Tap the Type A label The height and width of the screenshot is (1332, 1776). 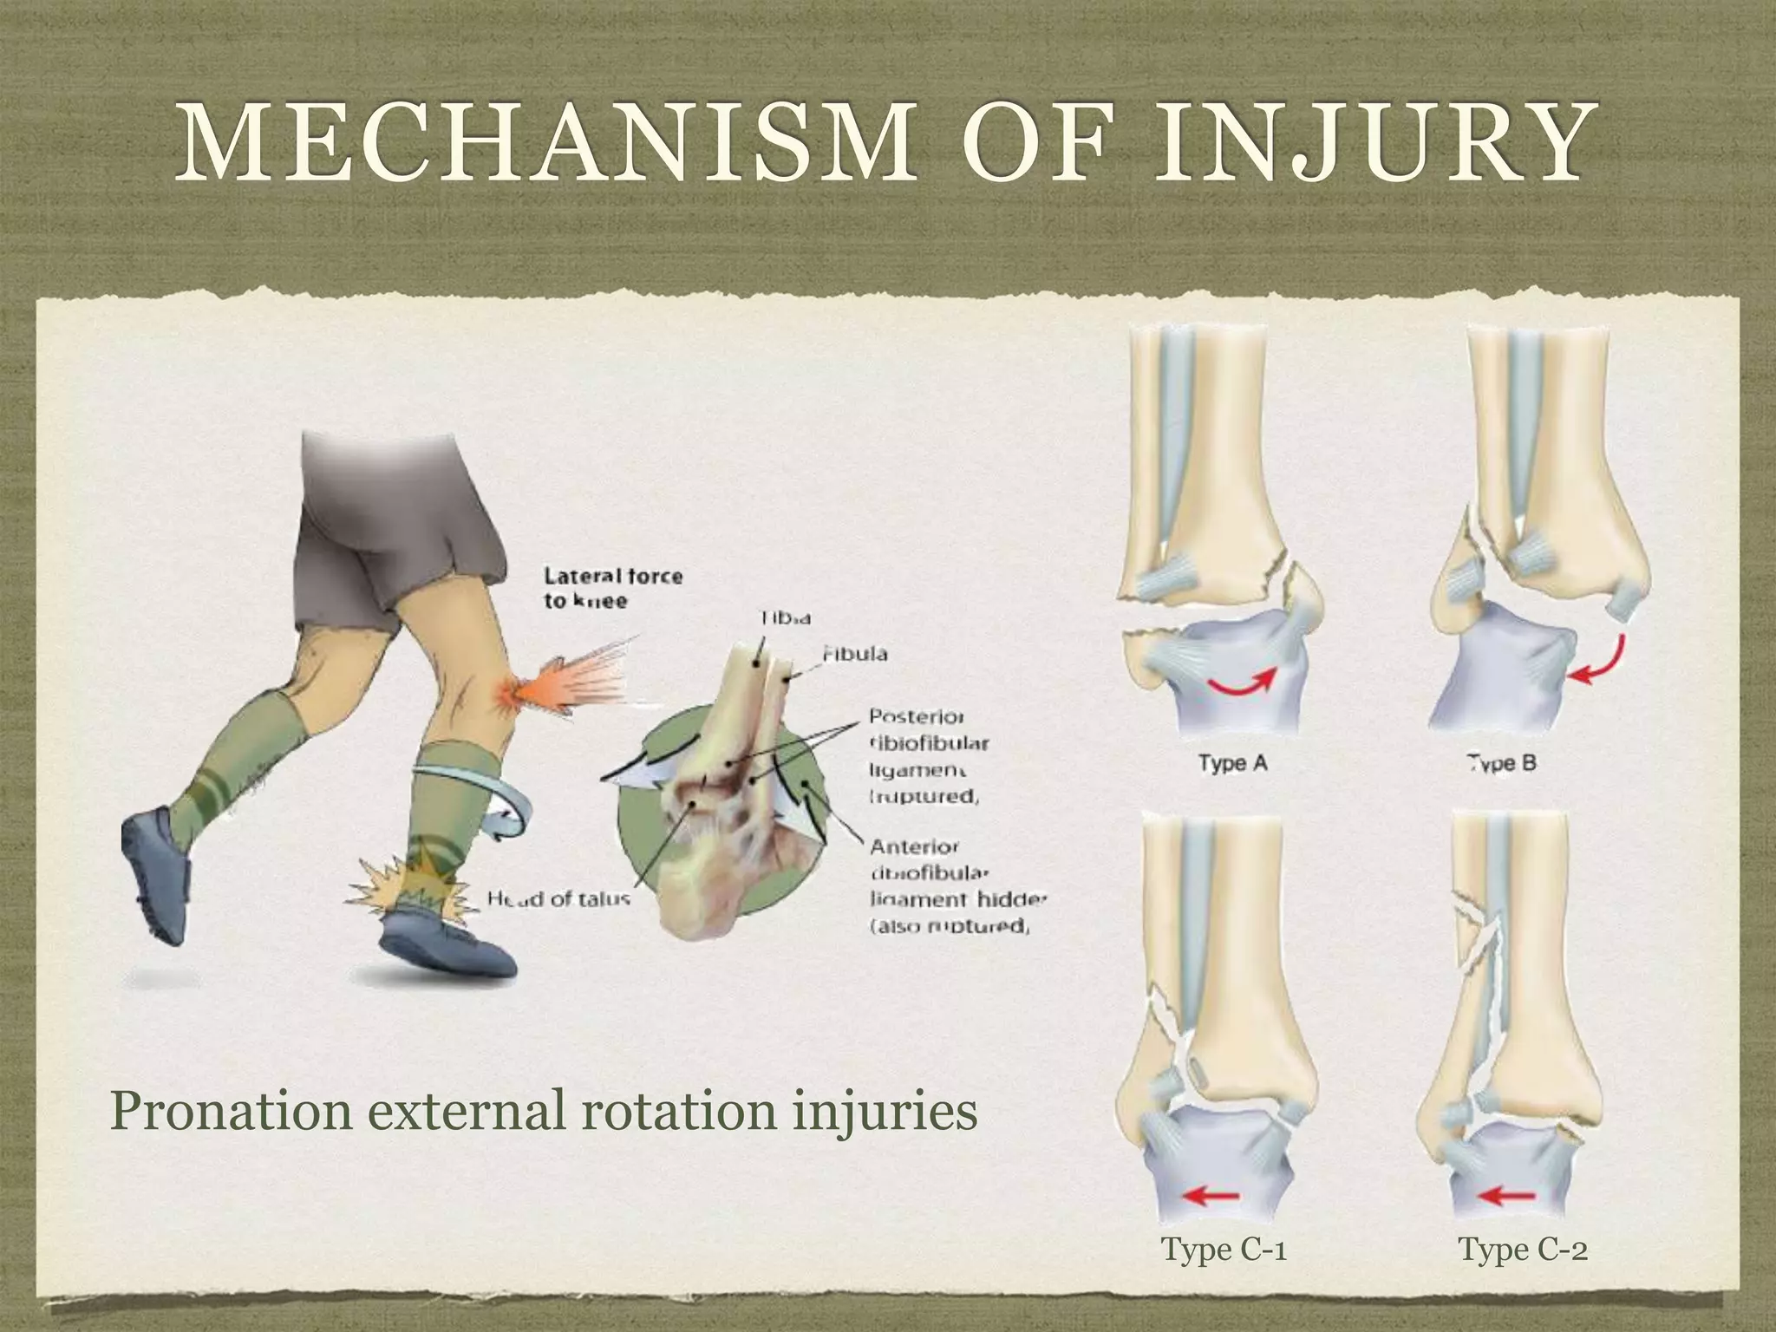coord(1232,763)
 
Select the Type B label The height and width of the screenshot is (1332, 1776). coord(1502,763)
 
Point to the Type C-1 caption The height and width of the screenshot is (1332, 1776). coord(1223,1250)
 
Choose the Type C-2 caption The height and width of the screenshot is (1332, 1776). coord(1523,1250)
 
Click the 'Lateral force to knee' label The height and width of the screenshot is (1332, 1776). coord(612,587)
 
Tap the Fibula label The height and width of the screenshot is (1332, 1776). coord(854,653)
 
